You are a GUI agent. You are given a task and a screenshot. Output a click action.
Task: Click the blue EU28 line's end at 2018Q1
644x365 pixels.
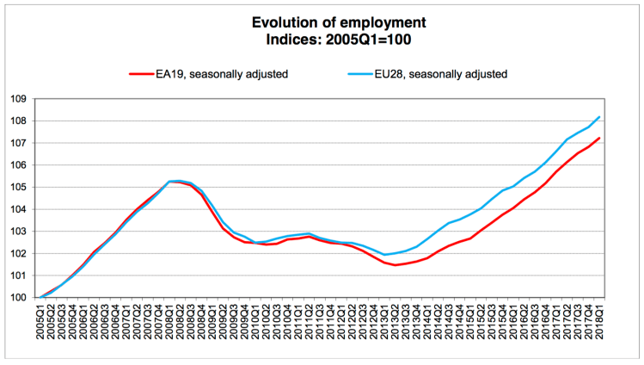tap(599, 116)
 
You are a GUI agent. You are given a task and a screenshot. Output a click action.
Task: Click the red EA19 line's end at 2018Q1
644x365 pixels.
tap(599, 138)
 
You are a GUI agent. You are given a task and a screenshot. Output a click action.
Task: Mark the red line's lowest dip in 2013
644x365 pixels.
tap(396, 265)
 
